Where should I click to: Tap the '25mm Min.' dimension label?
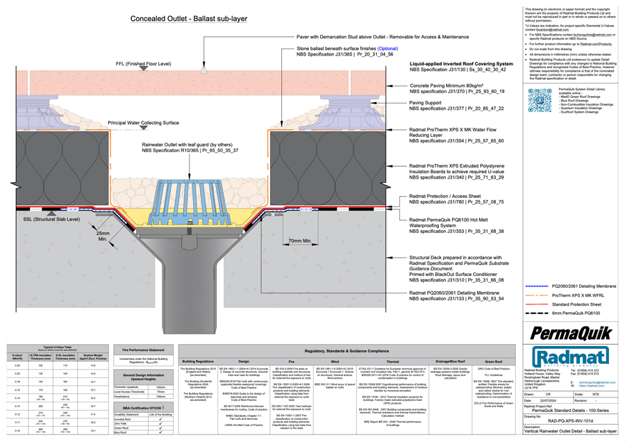(x=103, y=237)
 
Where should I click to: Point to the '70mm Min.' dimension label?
(x=300, y=241)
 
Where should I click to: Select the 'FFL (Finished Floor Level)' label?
(x=143, y=64)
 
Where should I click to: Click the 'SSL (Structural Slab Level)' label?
(x=51, y=220)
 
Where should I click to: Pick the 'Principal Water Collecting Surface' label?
(x=143, y=123)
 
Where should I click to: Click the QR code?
(x=540, y=100)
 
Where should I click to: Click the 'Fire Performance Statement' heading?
(x=142, y=350)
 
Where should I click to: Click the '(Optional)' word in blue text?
(x=387, y=49)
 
